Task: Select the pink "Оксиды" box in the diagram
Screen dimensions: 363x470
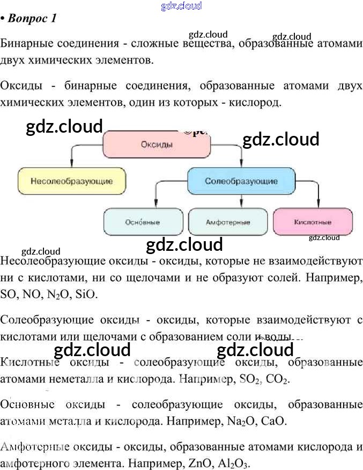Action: coord(156,144)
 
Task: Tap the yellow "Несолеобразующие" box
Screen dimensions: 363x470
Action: coord(72,181)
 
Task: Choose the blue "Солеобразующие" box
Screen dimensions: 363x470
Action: coord(241,181)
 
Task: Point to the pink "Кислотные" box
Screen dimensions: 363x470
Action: coord(313,222)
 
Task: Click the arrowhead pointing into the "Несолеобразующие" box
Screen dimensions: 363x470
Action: coord(72,164)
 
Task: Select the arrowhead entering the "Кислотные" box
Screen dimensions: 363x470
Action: coord(320,204)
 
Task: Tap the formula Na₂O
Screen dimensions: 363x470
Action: coord(235,421)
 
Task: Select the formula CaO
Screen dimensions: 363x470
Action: coord(272,421)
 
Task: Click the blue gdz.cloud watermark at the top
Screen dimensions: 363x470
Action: coord(181,6)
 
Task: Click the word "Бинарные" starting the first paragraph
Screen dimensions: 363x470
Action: coord(24,43)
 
